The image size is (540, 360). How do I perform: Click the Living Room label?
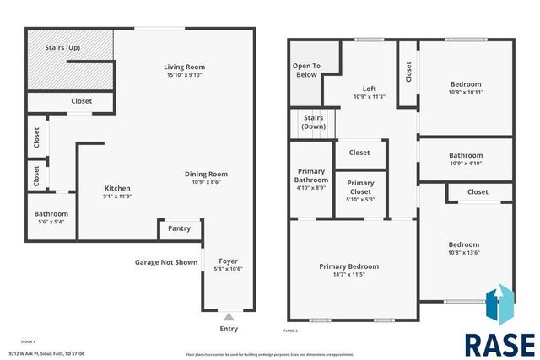click(x=184, y=67)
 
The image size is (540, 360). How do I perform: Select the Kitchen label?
click(x=117, y=188)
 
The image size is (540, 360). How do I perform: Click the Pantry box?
click(x=179, y=228)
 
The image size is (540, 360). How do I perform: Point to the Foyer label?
click(x=229, y=261)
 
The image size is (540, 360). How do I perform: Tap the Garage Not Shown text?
click(x=165, y=262)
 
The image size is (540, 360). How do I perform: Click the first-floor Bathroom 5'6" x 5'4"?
click(x=51, y=218)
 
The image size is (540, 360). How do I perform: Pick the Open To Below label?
click(x=305, y=70)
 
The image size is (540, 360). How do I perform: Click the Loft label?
click(x=369, y=89)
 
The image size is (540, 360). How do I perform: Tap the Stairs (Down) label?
click(x=313, y=122)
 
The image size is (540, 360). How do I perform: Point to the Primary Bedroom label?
click(x=348, y=266)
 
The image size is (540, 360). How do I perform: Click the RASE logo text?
click(x=499, y=344)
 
